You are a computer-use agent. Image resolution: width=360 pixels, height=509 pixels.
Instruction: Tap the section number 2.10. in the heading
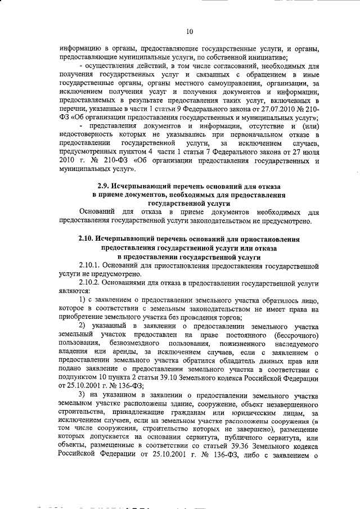coord(88,239)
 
